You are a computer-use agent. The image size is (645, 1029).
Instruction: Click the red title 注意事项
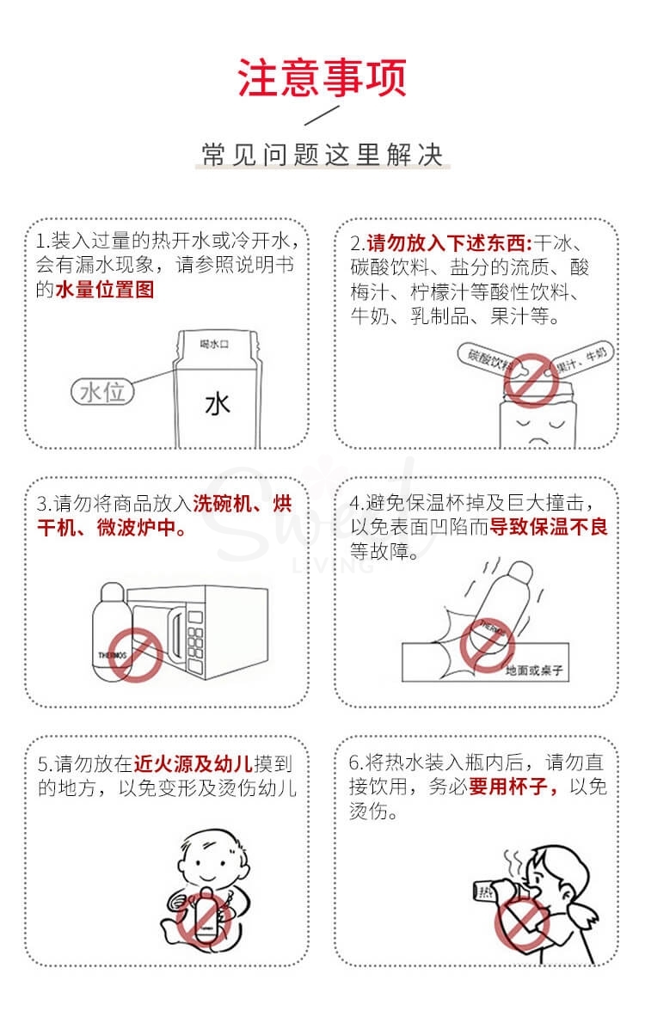pos(322,78)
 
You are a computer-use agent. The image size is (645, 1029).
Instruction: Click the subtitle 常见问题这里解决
pos(322,155)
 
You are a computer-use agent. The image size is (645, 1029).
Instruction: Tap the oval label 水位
pos(102,392)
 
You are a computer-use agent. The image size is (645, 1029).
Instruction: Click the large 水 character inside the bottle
pos(218,404)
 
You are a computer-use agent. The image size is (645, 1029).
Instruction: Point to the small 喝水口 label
pos(214,344)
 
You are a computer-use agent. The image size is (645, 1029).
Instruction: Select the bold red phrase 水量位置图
pos(105,290)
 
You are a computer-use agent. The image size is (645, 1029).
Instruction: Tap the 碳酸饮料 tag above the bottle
pos(488,359)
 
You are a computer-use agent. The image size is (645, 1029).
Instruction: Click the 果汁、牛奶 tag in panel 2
pos(582,359)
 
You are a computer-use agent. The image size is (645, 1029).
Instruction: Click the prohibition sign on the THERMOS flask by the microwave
pos(135,654)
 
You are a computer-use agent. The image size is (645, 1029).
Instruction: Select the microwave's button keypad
pos(196,640)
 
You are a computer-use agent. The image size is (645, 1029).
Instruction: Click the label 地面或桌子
pos(534,670)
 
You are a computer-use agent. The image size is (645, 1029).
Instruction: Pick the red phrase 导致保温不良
pos(549,526)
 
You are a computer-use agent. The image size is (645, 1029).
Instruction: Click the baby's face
pos(205,864)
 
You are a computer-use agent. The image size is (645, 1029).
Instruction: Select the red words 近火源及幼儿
pos(193,763)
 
